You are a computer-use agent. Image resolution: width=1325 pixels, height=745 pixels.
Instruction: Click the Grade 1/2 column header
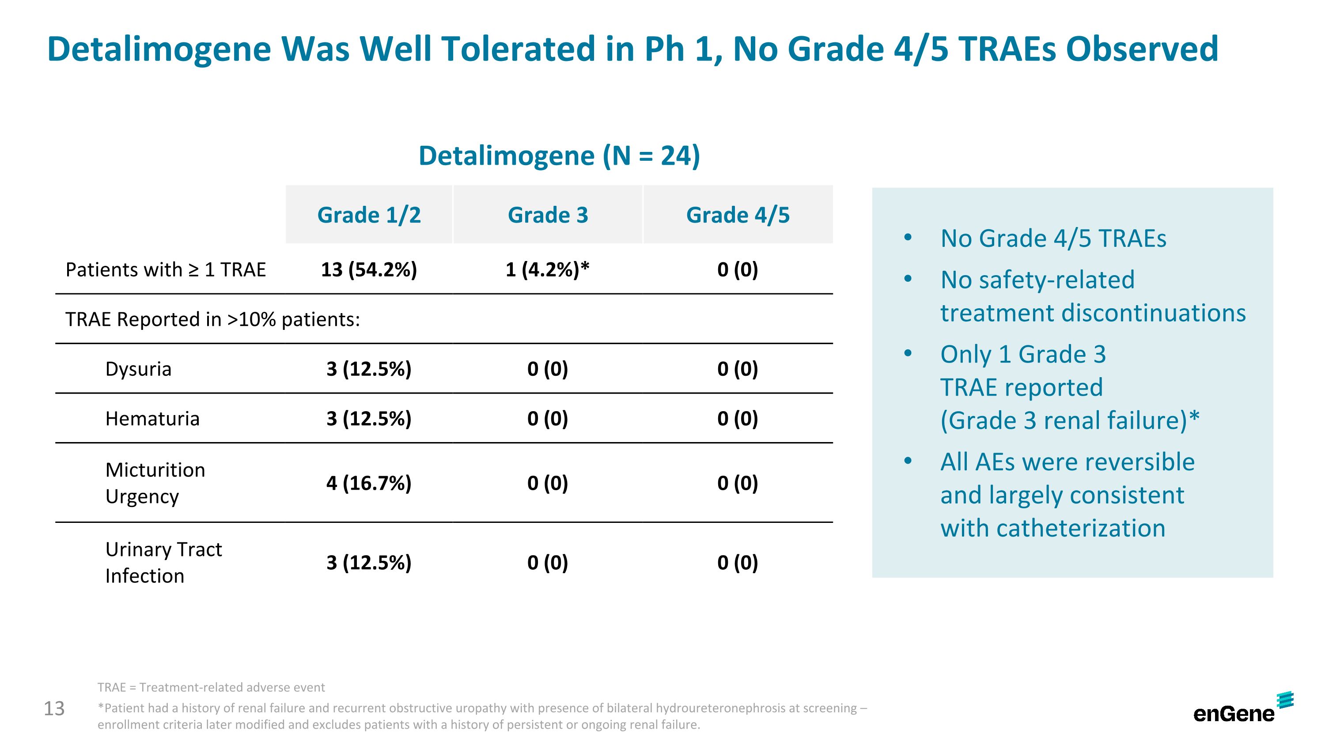pyautogui.click(x=369, y=215)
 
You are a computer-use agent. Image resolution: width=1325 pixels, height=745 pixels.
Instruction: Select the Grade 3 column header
pyautogui.click(x=547, y=215)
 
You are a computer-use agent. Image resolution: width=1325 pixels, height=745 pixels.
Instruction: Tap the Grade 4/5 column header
pyautogui.click(x=738, y=215)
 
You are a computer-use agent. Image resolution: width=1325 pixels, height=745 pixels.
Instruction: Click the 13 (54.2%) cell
pyautogui.click(x=369, y=269)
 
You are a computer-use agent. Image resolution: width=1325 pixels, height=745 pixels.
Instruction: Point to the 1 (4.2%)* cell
pyautogui.click(x=547, y=269)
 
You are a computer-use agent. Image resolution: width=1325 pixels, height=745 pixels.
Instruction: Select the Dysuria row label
pyautogui.click(x=138, y=369)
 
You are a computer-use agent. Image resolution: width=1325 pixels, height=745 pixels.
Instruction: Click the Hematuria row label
pyautogui.click(x=152, y=419)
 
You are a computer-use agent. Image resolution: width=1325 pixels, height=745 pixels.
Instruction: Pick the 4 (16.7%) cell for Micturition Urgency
pyautogui.click(x=369, y=483)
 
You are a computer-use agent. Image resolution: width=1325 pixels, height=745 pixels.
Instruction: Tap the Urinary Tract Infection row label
pyautogui.click(x=163, y=563)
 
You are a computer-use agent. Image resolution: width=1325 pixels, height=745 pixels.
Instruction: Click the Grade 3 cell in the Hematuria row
pyautogui.click(x=547, y=419)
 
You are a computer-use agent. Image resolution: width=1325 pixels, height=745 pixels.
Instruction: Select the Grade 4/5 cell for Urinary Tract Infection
pyautogui.click(x=738, y=563)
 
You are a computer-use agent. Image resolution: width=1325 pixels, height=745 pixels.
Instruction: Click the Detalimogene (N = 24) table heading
pyautogui.click(x=559, y=155)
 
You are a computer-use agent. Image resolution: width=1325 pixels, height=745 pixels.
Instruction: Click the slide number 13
pyautogui.click(x=54, y=708)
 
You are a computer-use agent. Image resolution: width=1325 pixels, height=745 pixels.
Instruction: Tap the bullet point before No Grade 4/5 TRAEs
pyautogui.click(x=908, y=238)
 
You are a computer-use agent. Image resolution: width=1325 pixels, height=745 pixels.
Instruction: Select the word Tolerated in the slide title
pyautogui.click(x=519, y=49)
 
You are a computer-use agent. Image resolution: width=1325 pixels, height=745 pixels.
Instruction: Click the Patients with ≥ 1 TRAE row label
pyautogui.click(x=166, y=269)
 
